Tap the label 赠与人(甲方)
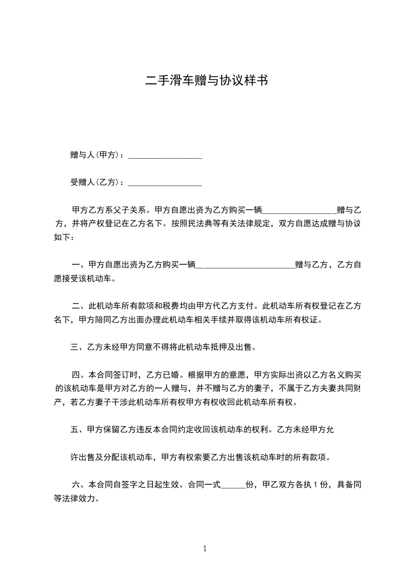96,155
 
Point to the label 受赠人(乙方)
96,182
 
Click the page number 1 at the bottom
205,549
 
